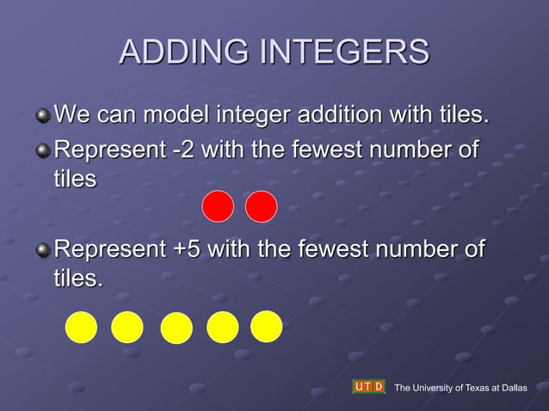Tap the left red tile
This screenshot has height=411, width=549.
tap(218, 206)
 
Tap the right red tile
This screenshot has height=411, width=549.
tap(261, 206)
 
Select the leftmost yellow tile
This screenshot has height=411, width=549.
tap(82, 327)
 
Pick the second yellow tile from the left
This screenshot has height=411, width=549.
tap(127, 327)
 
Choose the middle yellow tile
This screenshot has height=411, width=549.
tap(176, 328)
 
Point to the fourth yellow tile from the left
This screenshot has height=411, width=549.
tap(223, 327)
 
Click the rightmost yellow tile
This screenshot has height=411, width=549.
tap(267, 326)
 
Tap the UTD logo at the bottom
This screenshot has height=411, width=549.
tap(368, 387)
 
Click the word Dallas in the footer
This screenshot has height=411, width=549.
tap(512, 388)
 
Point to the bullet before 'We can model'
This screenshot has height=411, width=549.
tap(43, 114)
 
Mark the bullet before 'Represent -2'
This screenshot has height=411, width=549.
tap(43, 152)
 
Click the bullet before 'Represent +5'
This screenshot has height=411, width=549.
tap(43, 251)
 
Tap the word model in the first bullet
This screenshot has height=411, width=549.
tap(176, 113)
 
